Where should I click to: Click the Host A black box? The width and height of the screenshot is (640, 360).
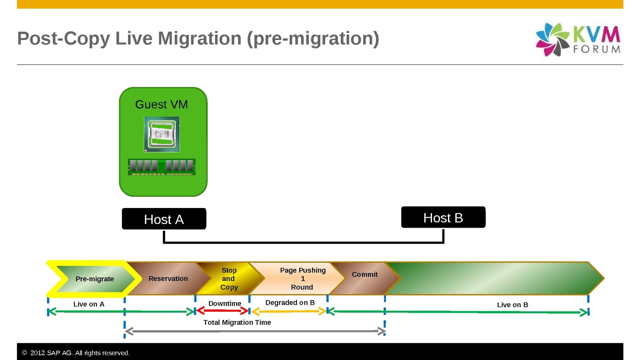click(x=164, y=219)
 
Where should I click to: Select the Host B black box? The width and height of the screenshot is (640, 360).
click(x=443, y=217)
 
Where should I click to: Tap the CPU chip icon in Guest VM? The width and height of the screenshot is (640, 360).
click(x=162, y=134)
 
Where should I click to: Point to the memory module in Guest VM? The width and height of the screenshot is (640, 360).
click(x=162, y=166)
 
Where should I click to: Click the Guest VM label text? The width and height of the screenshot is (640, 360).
click(x=162, y=104)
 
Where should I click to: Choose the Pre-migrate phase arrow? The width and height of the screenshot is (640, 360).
click(x=95, y=279)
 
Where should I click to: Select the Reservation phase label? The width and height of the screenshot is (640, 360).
click(x=168, y=278)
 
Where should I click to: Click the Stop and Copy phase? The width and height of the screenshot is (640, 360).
click(x=229, y=278)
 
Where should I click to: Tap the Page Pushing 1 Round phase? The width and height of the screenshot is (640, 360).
click(x=302, y=278)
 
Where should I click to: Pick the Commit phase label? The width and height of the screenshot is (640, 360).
click(x=364, y=274)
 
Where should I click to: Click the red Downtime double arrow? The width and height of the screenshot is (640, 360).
click(x=222, y=311)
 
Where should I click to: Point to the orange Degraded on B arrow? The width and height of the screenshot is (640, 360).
click(x=288, y=312)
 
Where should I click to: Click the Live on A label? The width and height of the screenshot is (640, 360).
click(x=89, y=304)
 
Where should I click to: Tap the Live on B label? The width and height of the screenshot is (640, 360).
click(x=512, y=305)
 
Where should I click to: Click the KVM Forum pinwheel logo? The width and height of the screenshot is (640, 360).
click(x=552, y=39)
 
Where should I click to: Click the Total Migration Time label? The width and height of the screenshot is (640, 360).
click(x=237, y=322)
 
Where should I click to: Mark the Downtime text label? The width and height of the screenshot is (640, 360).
click(x=225, y=304)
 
